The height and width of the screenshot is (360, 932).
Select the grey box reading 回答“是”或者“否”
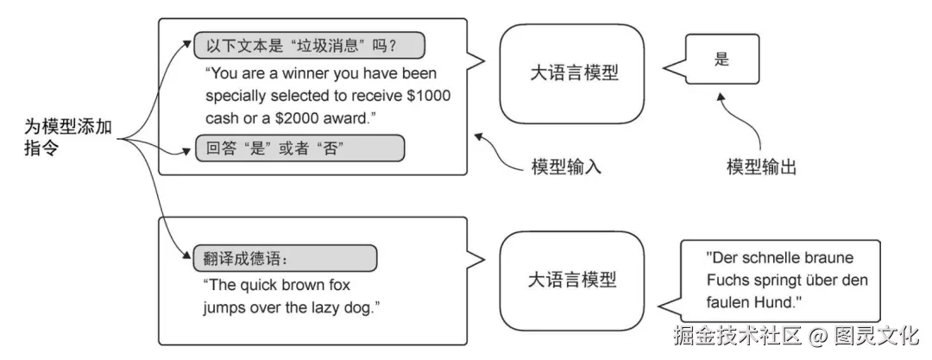299,148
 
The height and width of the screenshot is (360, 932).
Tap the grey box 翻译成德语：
283,258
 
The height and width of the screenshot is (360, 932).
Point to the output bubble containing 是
722,60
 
